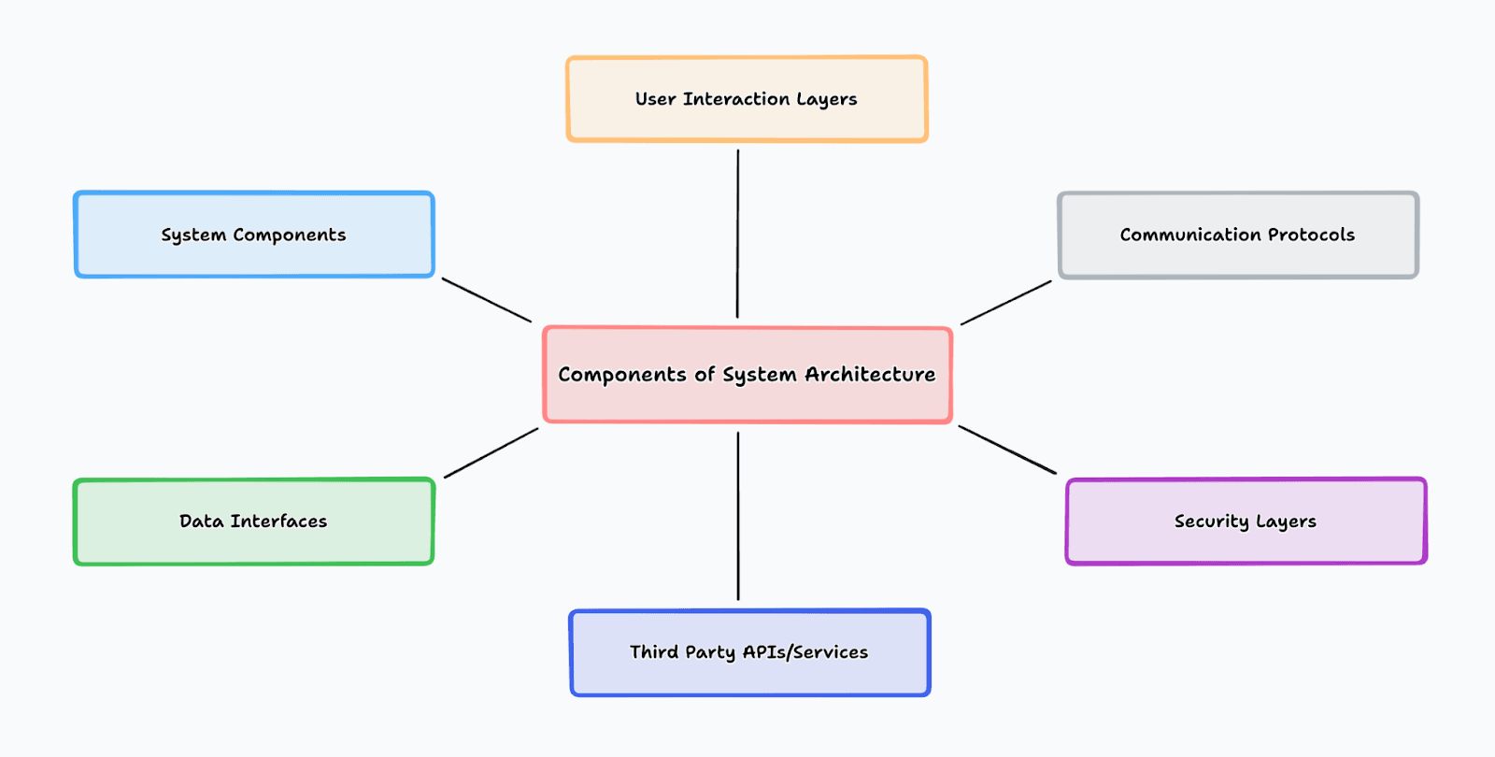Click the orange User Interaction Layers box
pyautogui.click(x=747, y=99)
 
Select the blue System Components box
pyautogui.click(x=254, y=235)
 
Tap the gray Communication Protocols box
pyautogui.click(x=1238, y=235)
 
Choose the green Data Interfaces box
pyautogui.click(x=253, y=521)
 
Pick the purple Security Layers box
pyautogui.click(x=1246, y=521)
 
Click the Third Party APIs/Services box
pyautogui.click(x=749, y=652)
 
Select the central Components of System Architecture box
pyautogui.click(x=747, y=375)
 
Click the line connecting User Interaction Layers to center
pyautogui.click(x=737, y=234)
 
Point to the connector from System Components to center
pyautogui.click(x=487, y=300)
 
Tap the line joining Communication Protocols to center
pyautogui.click(x=1005, y=303)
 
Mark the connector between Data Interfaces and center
pyautogui.click(x=491, y=453)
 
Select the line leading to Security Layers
pyautogui.click(x=1008, y=450)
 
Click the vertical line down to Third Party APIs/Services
pyautogui.click(x=738, y=516)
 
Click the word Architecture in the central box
pyautogui.click(x=870, y=374)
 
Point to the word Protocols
pyautogui.click(x=1312, y=235)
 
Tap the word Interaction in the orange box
pyautogui.click(x=737, y=99)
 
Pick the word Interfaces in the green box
pyautogui.click(x=279, y=521)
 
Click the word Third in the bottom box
pyautogui.click(x=654, y=651)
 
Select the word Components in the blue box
pyautogui.click(x=290, y=236)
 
